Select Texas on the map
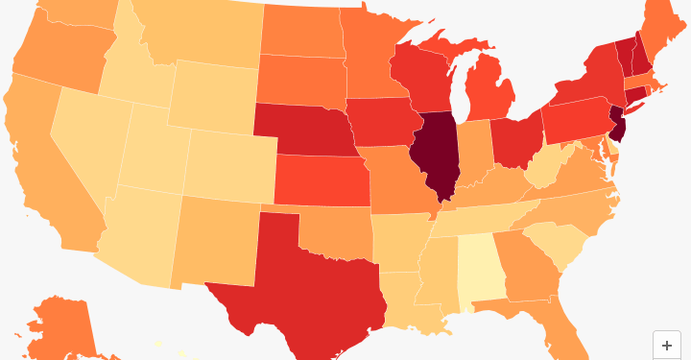coord(298,278)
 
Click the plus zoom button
coord(667,346)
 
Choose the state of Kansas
coord(322,180)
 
